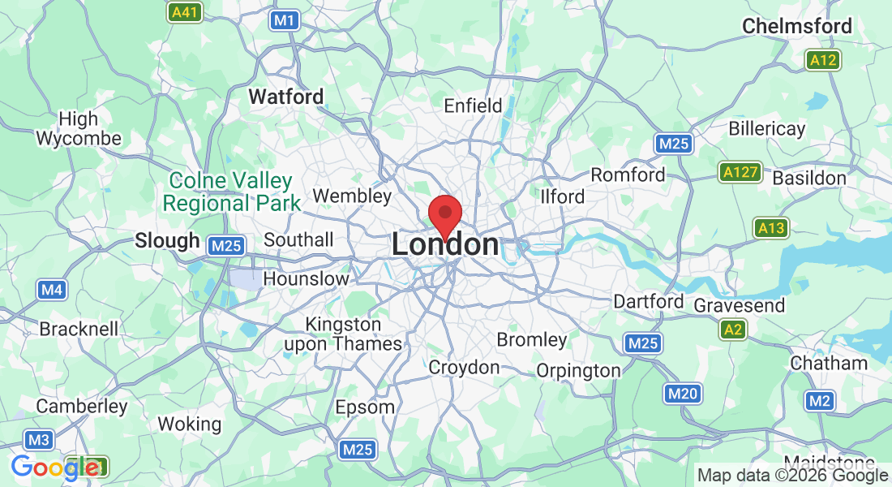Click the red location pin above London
[445, 213]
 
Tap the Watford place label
[285, 97]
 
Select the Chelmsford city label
[797, 26]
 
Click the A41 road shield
[185, 12]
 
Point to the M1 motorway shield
[284, 20]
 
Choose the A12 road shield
[823, 60]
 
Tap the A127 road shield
[740, 172]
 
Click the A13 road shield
[770, 228]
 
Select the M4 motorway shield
[53, 290]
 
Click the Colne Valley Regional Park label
[231, 192]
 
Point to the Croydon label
[464, 368]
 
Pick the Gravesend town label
[740, 305]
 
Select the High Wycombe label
[79, 128]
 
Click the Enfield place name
[474, 106]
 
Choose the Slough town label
[167, 241]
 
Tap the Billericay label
[766, 128]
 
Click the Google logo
[55, 467]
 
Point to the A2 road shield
[733, 330]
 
